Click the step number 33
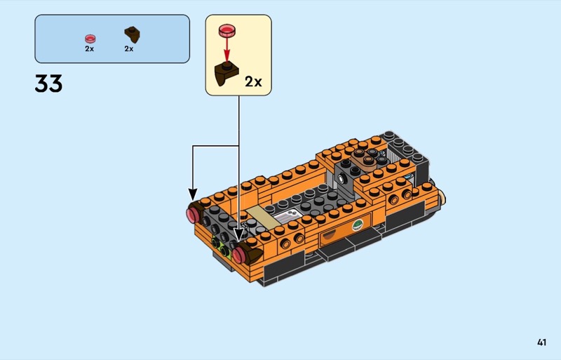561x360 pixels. tap(48, 84)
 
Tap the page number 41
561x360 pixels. tap(541, 342)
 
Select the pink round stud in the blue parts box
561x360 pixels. tap(90, 39)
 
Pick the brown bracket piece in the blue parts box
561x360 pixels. tap(132, 34)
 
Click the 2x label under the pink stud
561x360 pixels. tap(90, 48)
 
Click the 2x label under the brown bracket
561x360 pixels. tap(129, 48)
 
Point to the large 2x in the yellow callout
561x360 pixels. tap(253, 82)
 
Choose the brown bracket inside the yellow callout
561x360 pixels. tap(225, 74)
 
